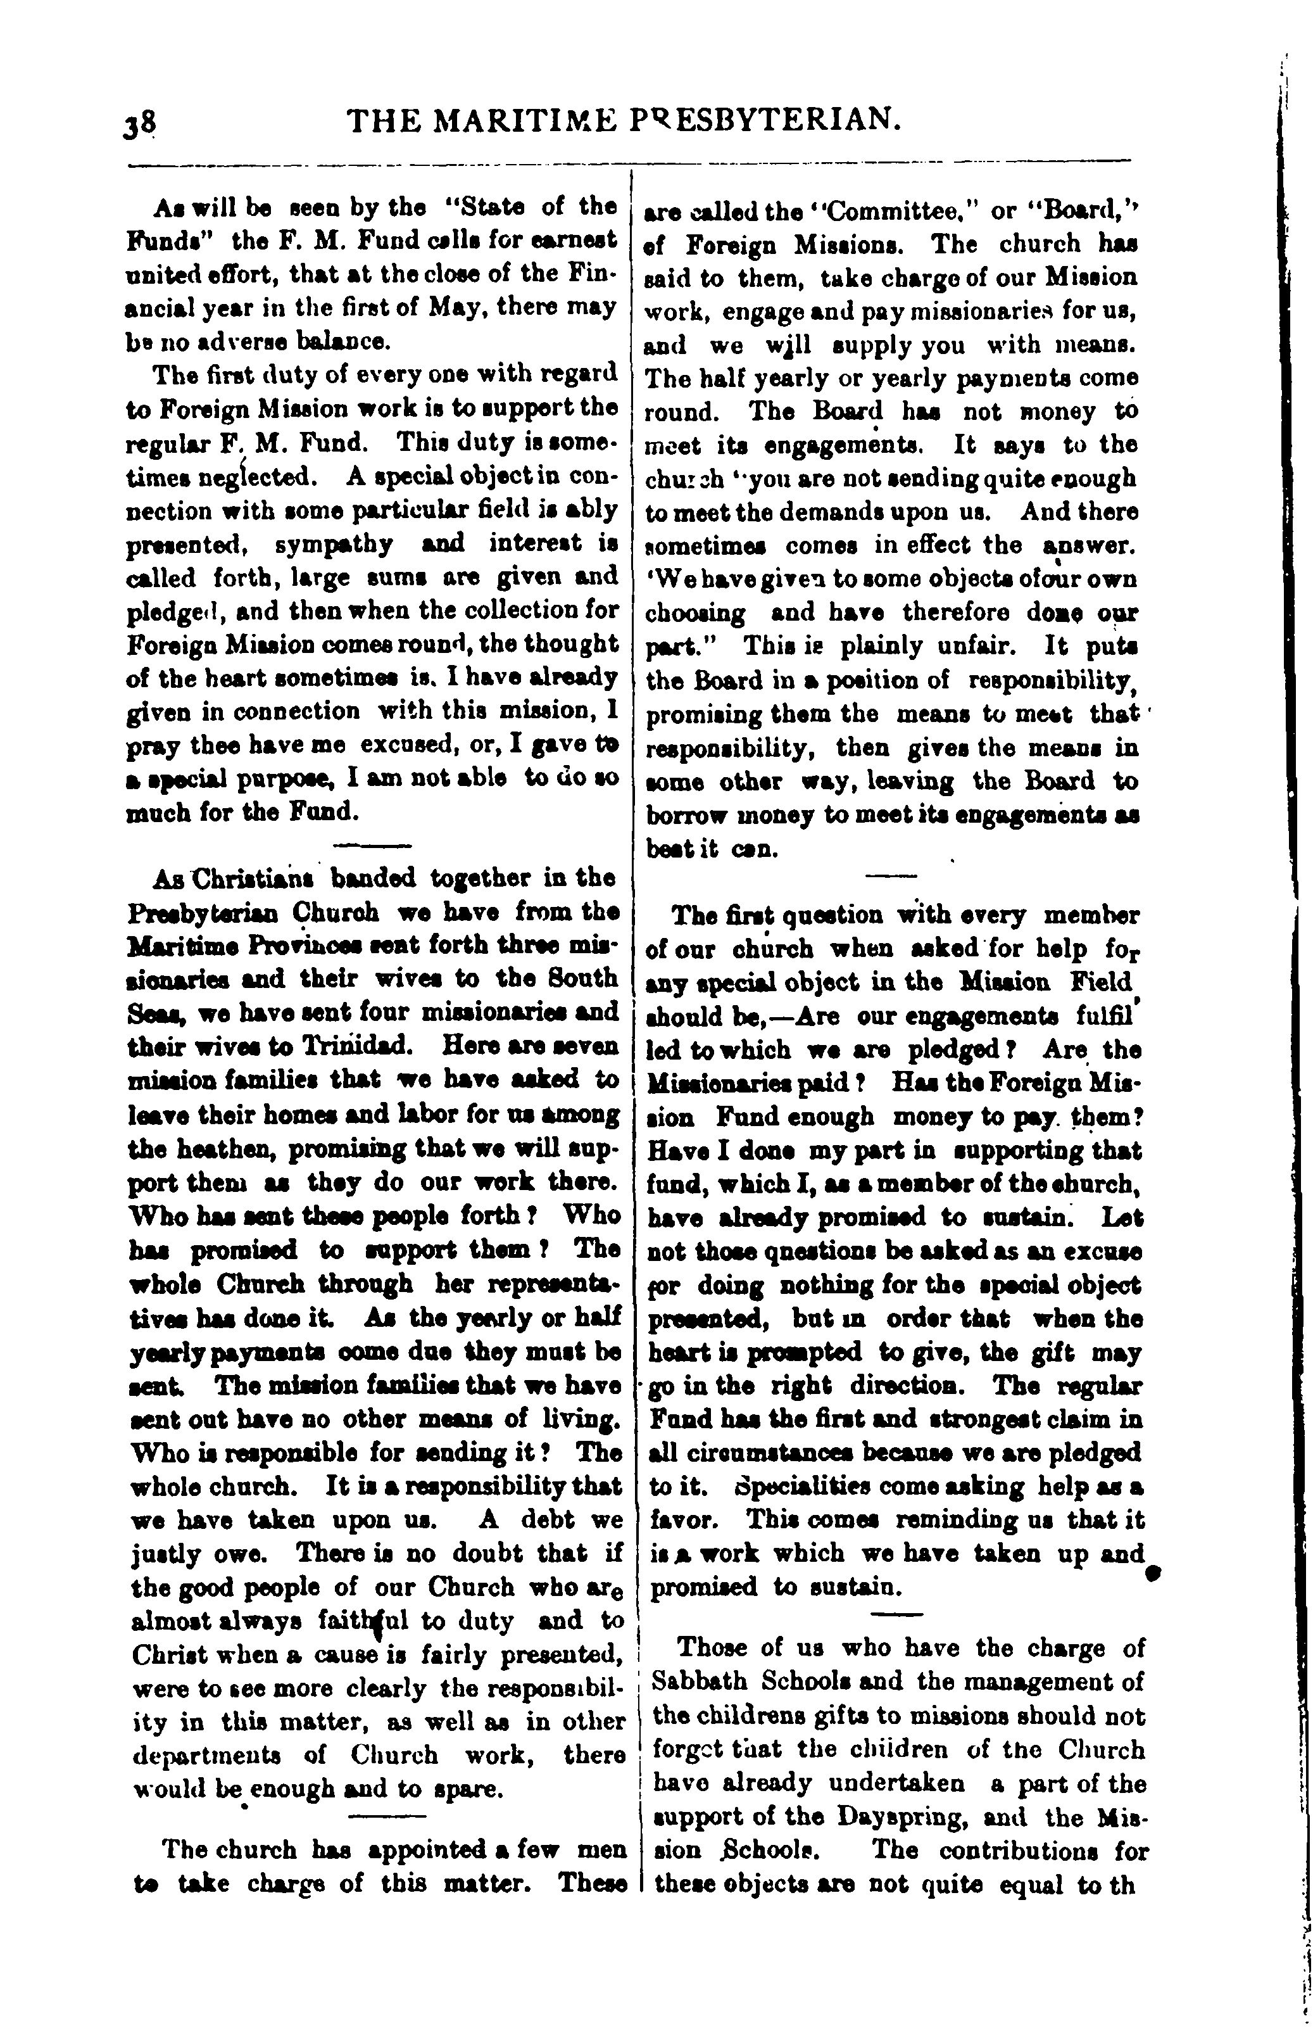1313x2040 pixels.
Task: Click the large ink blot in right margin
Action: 1155,1573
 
